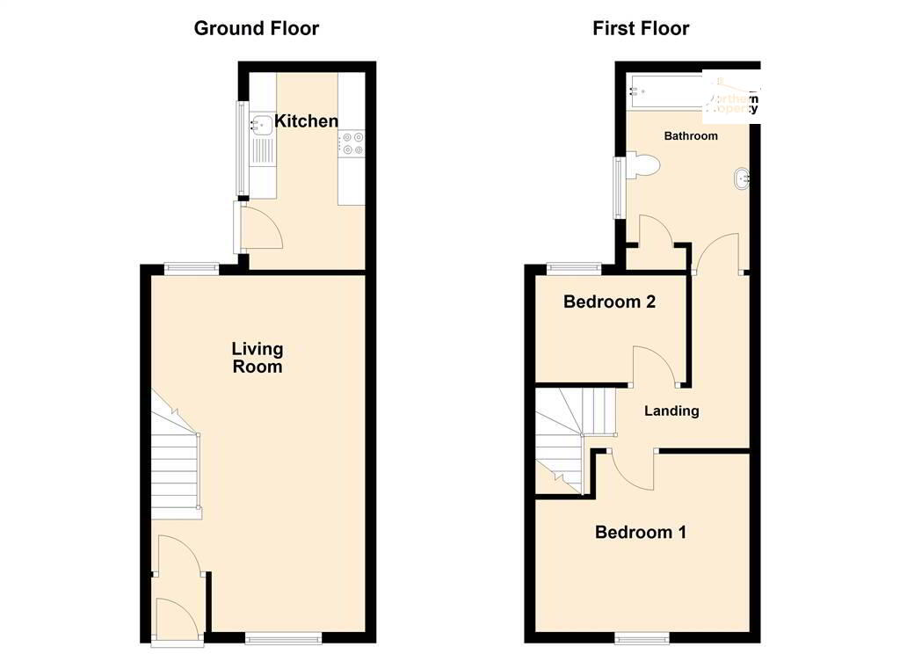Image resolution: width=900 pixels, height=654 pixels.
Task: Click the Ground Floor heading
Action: [x=256, y=28]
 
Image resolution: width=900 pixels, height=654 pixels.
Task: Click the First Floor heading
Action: [x=641, y=28]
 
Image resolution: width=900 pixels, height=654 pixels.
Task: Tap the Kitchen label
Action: [x=306, y=121]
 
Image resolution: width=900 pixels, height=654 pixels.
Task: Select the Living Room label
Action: [x=258, y=358]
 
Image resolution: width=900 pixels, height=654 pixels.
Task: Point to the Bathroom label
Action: [x=690, y=136]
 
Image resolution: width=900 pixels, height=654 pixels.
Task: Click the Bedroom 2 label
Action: [x=609, y=302]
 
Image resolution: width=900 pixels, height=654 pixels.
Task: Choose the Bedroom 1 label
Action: [x=641, y=532]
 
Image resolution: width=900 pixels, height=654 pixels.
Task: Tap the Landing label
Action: [x=671, y=411]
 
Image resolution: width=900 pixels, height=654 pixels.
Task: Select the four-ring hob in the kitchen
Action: [x=352, y=143]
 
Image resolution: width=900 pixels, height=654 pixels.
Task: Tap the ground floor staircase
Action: [x=176, y=457]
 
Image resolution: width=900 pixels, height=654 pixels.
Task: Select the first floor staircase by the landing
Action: [x=562, y=440]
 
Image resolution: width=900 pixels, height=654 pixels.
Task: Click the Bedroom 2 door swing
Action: [x=652, y=367]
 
